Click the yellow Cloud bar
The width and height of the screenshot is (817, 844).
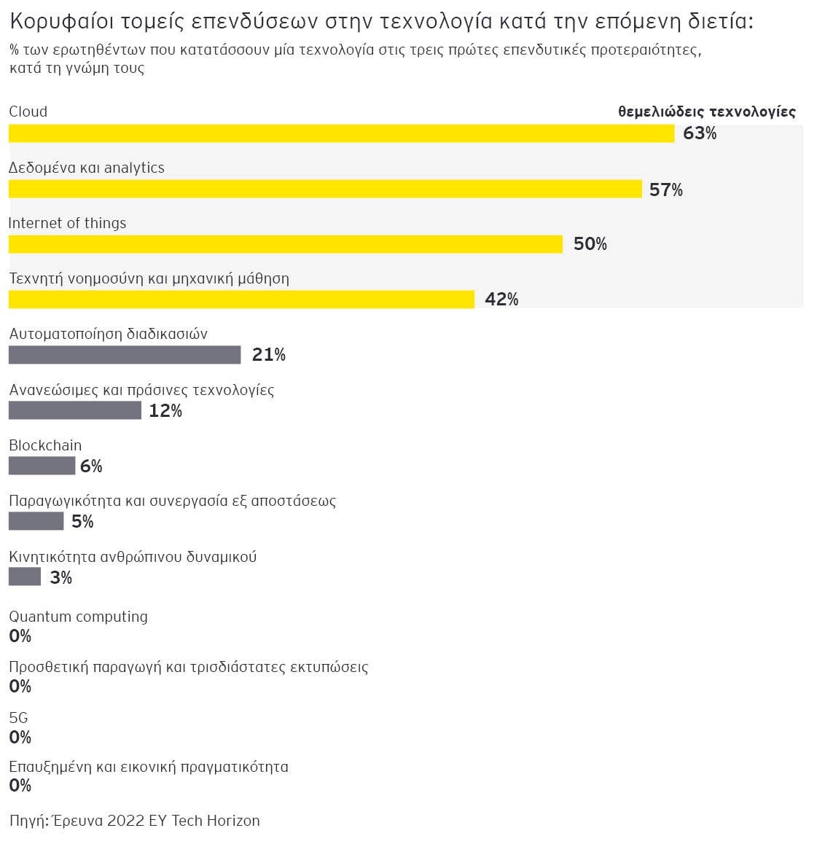(x=341, y=133)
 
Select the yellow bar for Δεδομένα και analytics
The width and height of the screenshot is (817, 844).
(x=325, y=189)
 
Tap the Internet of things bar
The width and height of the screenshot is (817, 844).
(x=286, y=244)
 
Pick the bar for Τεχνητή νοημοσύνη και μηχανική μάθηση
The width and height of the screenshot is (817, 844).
(x=241, y=300)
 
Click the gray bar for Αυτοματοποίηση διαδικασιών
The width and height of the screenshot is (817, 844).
(x=125, y=355)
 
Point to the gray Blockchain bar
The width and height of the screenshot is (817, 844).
(x=42, y=466)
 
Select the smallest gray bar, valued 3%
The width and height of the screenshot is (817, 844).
(x=25, y=577)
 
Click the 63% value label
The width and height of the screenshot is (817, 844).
(x=700, y=133)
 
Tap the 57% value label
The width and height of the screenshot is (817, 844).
(x=666, y=189)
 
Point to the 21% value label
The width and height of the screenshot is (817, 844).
(x=269, y=355)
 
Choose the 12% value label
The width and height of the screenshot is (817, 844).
(x=165, y=411)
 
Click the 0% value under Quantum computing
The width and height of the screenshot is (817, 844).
(x=20, y=636)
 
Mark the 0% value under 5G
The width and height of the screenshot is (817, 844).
(x=20, y=738)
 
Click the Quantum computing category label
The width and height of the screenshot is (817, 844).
(x=78, y=617)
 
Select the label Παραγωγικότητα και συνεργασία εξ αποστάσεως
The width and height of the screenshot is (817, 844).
(x=172, y=501)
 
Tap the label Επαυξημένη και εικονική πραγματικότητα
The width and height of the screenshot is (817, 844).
(x=149, y=767)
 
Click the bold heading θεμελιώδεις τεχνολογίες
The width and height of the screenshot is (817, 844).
(x=706, y=112)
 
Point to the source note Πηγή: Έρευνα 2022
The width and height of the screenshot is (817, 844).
(x=134, y=821)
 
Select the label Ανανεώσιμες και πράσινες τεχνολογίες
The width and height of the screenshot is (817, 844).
(x=141, y=390)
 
